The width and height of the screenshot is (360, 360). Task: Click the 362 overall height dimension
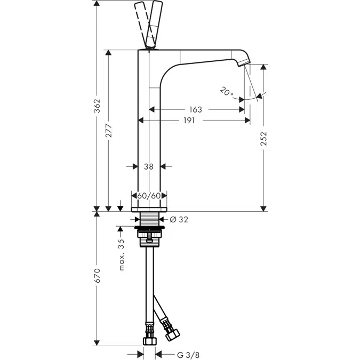click(x=96, y=109)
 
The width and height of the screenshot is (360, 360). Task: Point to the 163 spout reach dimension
click(x=195, y=109)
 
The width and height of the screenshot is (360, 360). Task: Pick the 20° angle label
click(x=226, y=92)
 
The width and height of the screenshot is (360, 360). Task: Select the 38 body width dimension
click(x=149, y=166)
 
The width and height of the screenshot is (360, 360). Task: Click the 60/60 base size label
click(x=149, y=195)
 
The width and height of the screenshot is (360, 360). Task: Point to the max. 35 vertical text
click(x=122, y=254)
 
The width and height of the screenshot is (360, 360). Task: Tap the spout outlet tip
click(x=245, y=63)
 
